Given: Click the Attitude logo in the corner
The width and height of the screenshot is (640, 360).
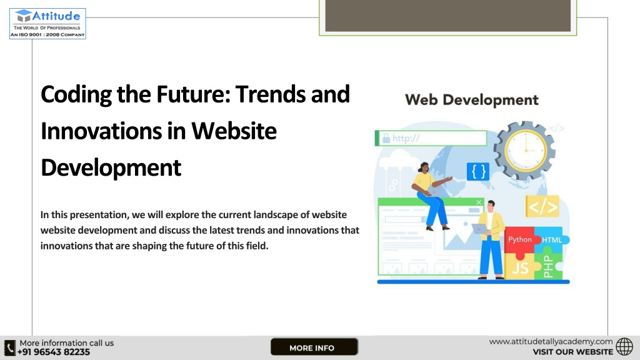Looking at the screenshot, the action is [47, 24].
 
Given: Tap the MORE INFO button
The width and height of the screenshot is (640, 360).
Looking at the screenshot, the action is [314, 347].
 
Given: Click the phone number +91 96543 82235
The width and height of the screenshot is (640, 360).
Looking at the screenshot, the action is [54, 352].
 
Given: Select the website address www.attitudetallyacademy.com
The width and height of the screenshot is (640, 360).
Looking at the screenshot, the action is [551, 342].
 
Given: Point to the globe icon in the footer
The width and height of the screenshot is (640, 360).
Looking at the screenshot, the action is [624, 346].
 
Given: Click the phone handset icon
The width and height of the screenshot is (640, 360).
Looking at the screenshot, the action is [10, 348].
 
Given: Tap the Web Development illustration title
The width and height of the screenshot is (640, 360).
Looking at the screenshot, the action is [471, 100].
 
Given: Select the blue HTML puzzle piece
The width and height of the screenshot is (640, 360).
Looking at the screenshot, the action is [551, 239].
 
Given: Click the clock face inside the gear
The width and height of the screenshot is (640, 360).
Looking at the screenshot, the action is [526, 151].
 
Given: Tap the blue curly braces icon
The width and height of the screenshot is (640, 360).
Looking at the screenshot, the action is [478, 172].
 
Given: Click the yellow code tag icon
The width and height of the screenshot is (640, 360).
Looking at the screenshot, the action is [542, 206].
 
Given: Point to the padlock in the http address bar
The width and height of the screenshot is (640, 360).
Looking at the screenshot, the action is [386, 138].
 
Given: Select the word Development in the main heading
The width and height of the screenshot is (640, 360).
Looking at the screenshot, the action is [111, 167].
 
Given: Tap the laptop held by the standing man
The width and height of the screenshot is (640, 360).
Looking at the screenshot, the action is [480, 229].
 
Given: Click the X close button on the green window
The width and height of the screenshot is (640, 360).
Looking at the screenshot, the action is [479, 202].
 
